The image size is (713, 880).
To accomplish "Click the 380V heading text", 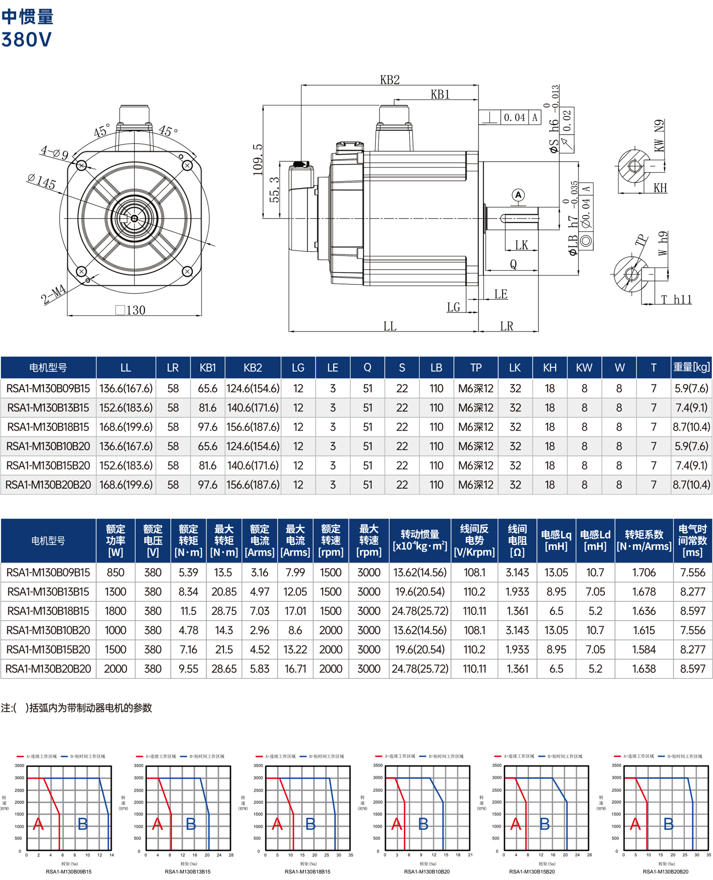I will click(26, 39).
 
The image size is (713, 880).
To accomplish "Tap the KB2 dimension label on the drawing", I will click(390, 80).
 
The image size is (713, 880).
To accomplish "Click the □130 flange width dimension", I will click(131, 310).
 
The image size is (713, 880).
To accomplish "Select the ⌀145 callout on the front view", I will click(42, 181).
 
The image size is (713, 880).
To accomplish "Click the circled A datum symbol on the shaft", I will click(518, 195).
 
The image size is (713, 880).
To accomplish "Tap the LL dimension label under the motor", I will click(390, 326).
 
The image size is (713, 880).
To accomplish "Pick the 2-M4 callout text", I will click(53, 294).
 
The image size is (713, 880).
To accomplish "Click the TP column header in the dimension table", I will click(476, 368).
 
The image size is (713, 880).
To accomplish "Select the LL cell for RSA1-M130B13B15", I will click(126, 408).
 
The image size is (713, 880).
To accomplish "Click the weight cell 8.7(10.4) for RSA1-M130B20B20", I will click(692, 485).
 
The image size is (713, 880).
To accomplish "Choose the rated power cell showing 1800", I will click(116, 611).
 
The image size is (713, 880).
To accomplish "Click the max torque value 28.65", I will click(224, 669).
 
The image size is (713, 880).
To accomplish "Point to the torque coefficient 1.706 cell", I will click(644, 572).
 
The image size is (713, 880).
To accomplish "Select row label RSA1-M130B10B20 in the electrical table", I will click(48, 630).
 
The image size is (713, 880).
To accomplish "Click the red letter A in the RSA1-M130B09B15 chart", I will click(39, 824).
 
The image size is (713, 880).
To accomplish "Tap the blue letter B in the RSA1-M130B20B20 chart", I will click(668, 824).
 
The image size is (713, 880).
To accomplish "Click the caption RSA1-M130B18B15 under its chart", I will click(308, 872).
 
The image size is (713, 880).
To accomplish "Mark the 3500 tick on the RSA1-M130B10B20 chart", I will click(377, 765).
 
